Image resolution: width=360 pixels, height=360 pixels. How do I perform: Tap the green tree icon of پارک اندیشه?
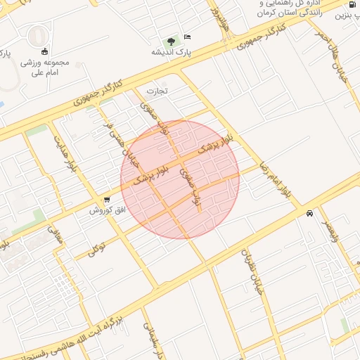[171, 41]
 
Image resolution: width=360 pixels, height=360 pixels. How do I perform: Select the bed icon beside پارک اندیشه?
[187, 37]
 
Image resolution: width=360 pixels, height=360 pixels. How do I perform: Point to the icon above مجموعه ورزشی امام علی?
[45, 51]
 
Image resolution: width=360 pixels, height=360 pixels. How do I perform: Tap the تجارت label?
[157, 91]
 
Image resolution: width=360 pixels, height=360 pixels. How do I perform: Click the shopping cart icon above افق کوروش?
[106, 200]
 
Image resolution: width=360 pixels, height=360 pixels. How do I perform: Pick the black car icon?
[309, 214]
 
